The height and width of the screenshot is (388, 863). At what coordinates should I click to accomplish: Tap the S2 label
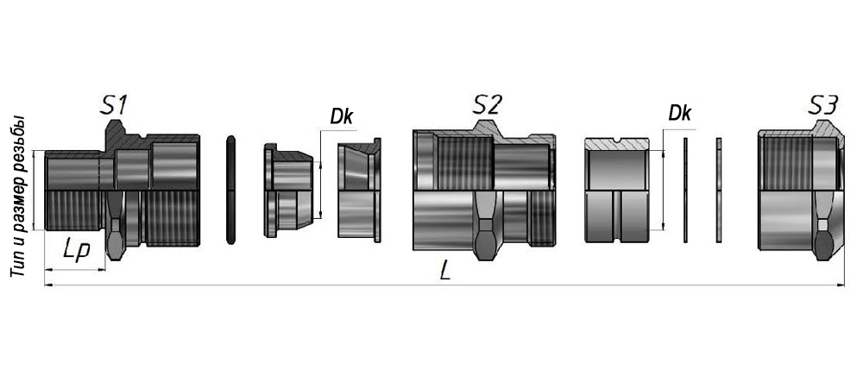[487, 104]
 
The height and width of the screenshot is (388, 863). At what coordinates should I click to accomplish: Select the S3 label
[823, 104]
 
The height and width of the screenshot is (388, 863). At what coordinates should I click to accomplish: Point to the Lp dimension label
[76, 251]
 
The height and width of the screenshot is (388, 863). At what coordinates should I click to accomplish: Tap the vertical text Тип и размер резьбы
[18, 196]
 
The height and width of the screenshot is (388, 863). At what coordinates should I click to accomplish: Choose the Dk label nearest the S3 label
[680, 113]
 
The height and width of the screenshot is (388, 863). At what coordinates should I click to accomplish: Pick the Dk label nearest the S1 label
[342, 116]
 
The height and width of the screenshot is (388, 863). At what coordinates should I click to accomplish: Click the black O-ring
[230, 190]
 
